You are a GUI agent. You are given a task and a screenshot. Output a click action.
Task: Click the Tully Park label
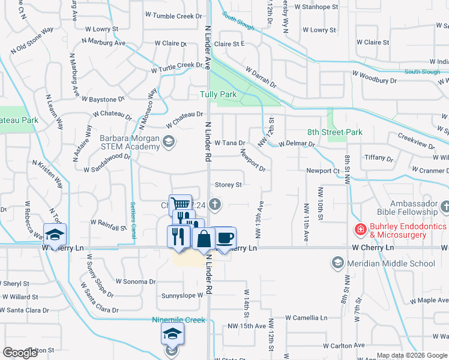coord(218,95)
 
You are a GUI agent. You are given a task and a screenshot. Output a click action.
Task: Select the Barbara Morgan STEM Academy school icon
coord(169,142)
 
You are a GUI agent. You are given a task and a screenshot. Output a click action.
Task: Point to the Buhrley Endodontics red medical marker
coord(360,229)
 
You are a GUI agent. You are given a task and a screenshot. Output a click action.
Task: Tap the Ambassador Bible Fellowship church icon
coord(445,207)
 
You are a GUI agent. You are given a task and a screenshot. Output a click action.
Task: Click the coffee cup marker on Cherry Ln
coord(224,238)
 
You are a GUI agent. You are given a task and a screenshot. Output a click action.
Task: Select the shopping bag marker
coord(204,238)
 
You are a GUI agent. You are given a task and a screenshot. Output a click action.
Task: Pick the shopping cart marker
coord(179,204)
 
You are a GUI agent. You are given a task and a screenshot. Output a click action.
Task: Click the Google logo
coord(20,353)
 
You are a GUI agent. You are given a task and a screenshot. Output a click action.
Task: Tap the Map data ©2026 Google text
coord(411,355)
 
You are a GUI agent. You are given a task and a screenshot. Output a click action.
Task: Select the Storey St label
coord(228,185)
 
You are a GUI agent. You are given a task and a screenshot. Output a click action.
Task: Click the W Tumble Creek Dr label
coord(173,16)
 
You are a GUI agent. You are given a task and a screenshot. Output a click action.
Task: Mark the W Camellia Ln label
coord(307,317)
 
